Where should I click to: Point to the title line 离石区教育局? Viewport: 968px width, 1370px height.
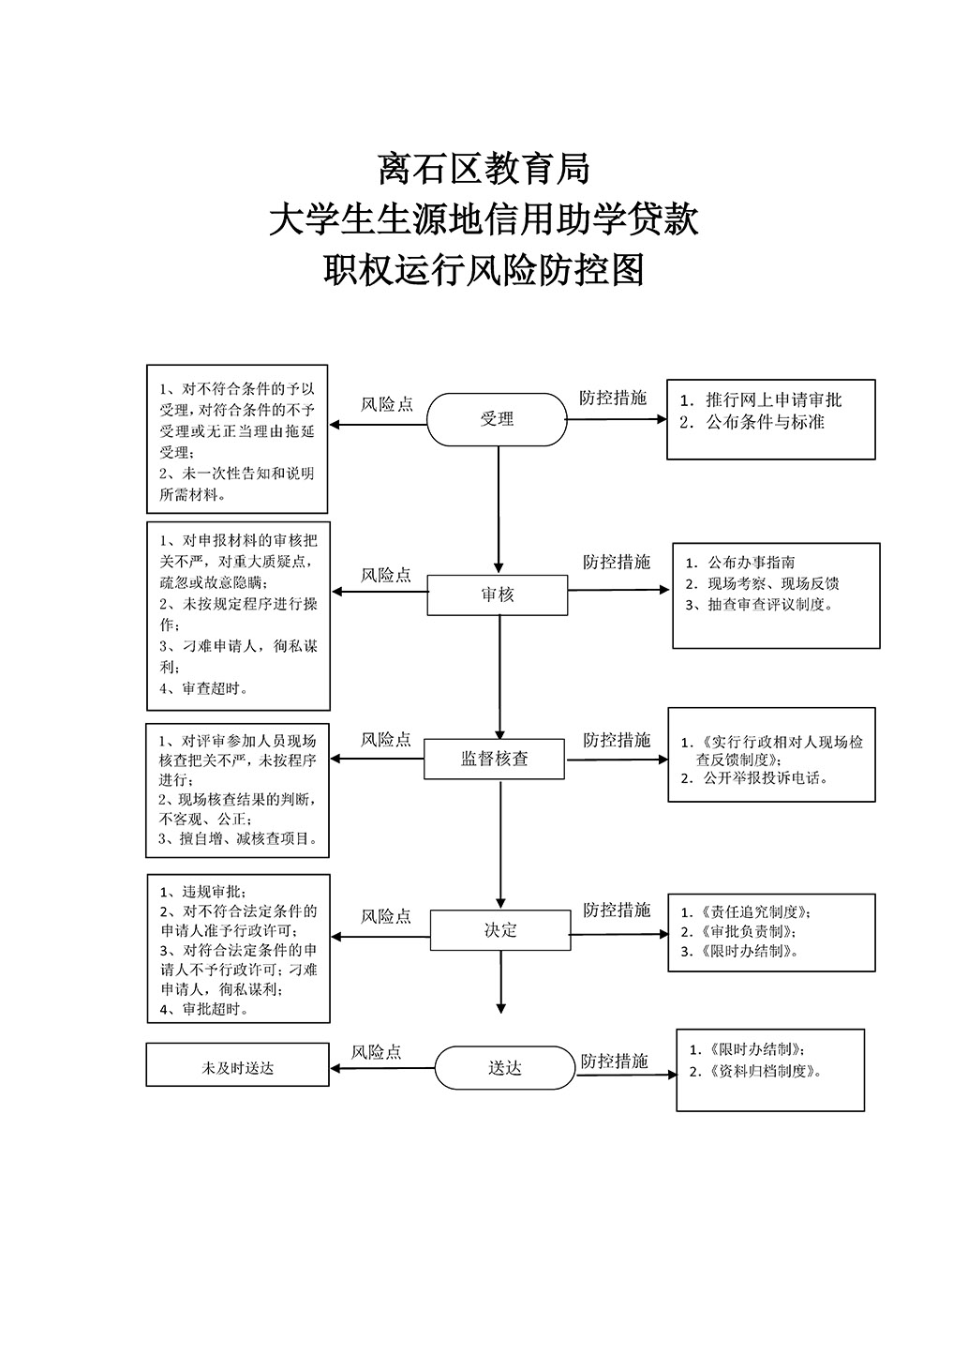coord(484,169)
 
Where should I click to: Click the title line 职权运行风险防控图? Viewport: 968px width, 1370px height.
coord(484,270)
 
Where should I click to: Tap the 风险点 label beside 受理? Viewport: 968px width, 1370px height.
coord(386,404)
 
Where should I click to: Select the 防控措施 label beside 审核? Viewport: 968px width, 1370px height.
coord(616,562)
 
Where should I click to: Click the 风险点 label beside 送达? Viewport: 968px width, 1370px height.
coord(376,1052)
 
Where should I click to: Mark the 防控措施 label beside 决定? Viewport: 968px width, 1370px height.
coord(616,911)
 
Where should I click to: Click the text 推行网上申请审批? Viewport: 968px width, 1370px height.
coord(774,400)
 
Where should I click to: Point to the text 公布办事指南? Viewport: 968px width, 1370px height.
coord(752,562)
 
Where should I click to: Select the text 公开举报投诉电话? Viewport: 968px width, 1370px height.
coord(765,778)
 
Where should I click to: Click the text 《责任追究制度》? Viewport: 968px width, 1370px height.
coord(753,912)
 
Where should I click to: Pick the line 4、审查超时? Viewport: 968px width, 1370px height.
coord(204,688)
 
